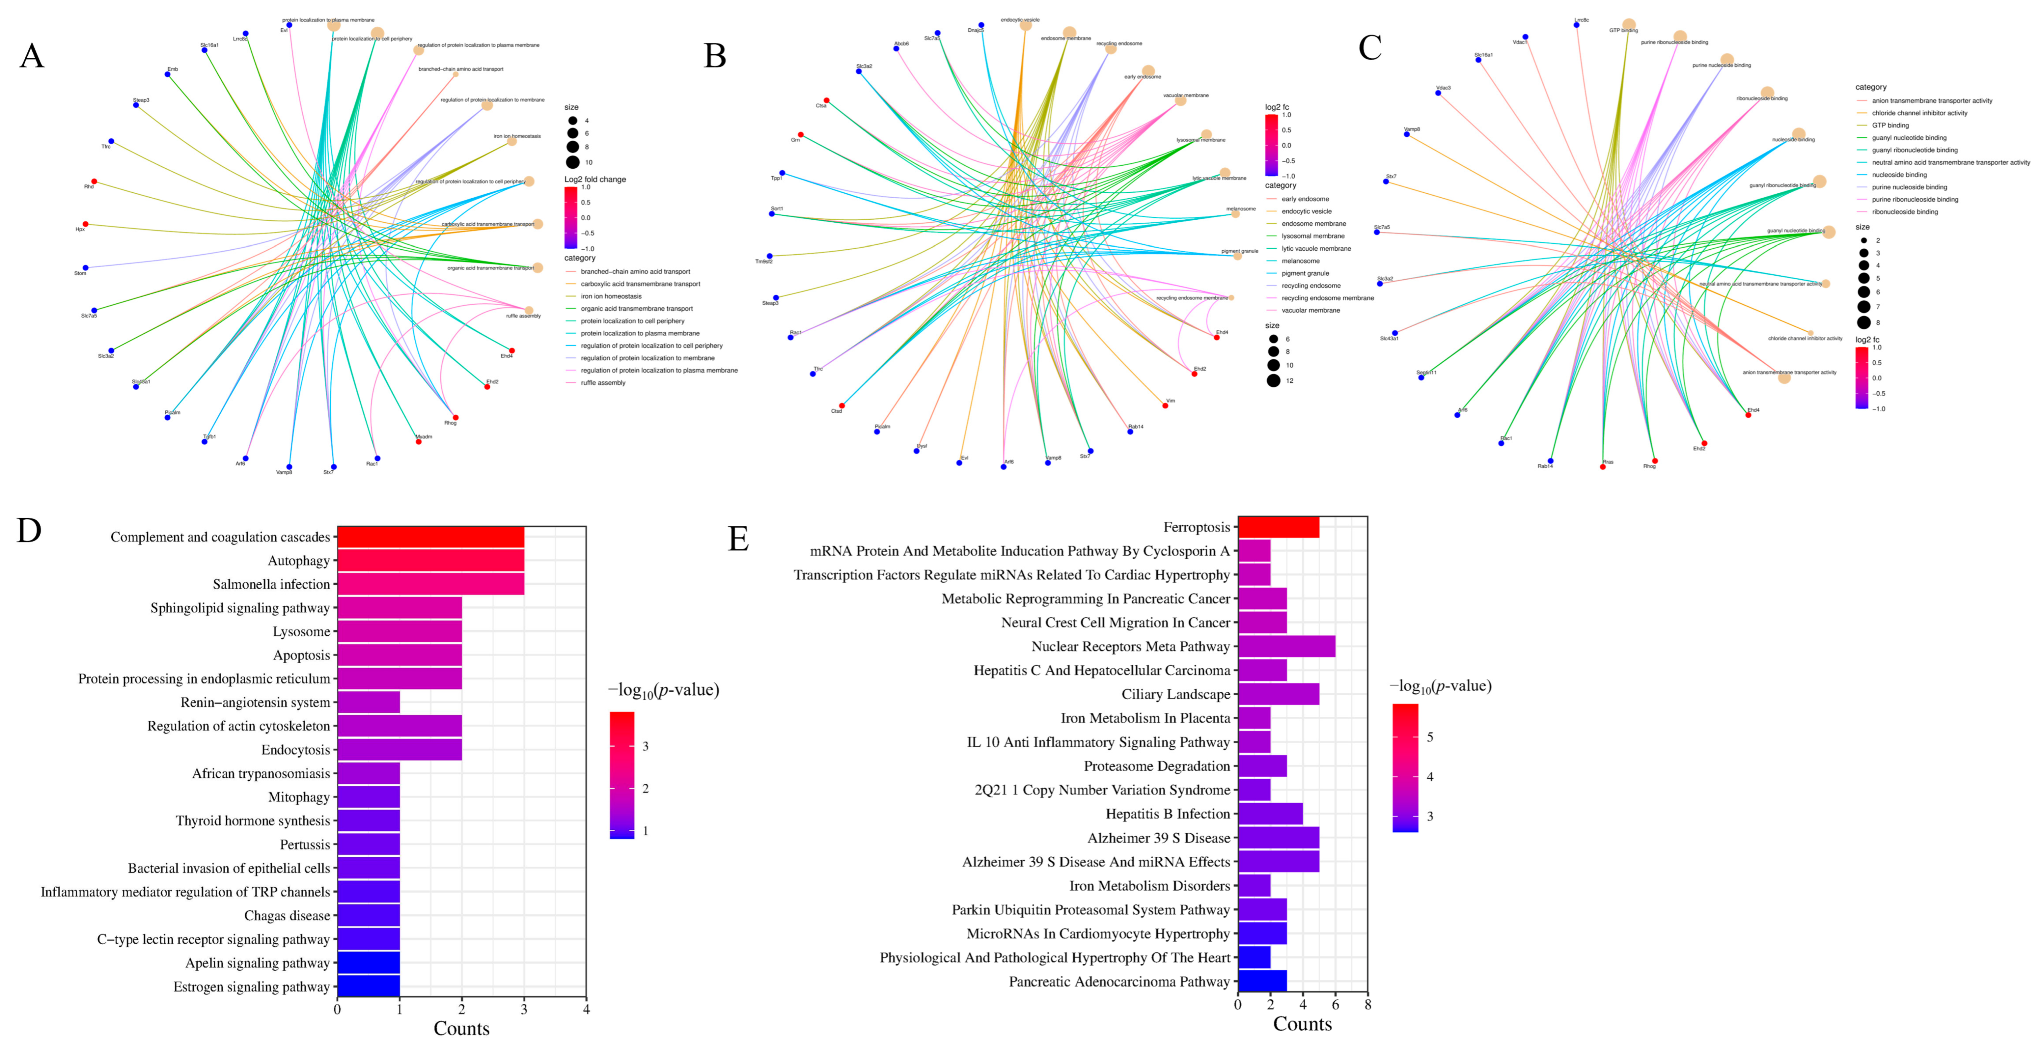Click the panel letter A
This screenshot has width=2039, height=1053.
click(x=32, y=56)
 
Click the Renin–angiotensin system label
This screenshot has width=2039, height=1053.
click(x=255, y=702)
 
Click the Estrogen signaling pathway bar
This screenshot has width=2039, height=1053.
click(x=368, y=987)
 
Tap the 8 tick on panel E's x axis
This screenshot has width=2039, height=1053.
click(x=1367, y=1005)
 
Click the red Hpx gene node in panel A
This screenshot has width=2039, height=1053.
click(x=85, y=224)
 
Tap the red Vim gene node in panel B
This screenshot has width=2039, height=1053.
click(x=1165, y=405)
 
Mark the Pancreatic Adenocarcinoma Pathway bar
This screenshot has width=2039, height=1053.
click(x=1262, y=982)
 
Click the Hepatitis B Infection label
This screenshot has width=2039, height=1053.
click(x=1168, y=814)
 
